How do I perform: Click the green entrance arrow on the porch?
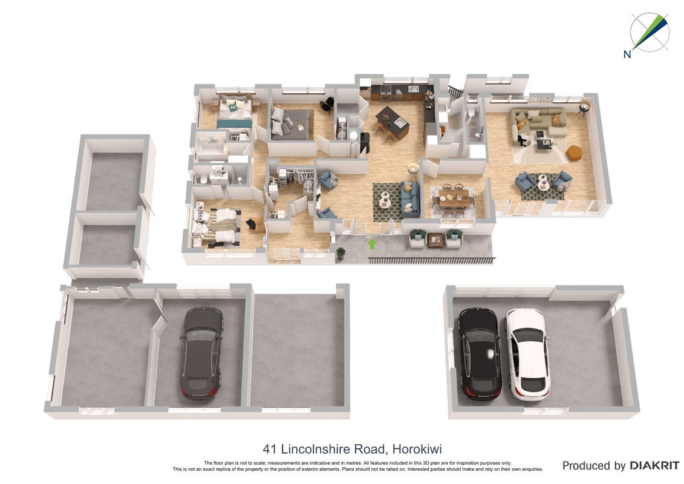click(x=372, y=244)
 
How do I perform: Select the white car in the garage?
click(x=527, y=354)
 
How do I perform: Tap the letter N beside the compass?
click(x=627, y=54)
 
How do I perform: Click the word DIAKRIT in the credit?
click(x=654, y=466)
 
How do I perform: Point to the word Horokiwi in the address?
click(x=417, y=449)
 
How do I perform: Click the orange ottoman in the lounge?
click(x=574, y=152)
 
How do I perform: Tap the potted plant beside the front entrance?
click(x=340, y=253)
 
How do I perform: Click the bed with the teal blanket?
click(x=234, y=113)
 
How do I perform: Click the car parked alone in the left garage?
click(x=201, y=353)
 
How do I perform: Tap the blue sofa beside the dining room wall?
click(x=410, y=200)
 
